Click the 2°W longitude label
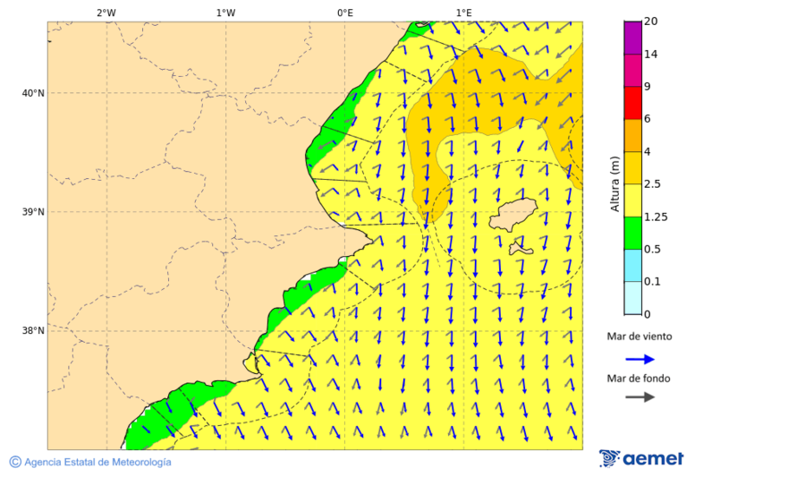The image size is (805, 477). pos(106,13)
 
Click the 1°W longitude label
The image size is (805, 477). pos(225,13)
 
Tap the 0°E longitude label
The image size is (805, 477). pos(344,13)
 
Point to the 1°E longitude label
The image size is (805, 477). pos(463,13)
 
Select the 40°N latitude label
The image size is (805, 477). pos(32,93)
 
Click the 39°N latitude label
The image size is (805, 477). pos(32,212)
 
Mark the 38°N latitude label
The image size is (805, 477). pos(32,330)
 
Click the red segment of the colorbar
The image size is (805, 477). pos(633,103)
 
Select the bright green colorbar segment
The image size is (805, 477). pos(633,233)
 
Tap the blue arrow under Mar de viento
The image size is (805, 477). pos(640,359)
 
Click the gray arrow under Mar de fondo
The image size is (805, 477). pos(640,397)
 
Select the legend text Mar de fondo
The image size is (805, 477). pos(639,379)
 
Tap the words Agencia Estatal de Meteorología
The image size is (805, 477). pos(97,462)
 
